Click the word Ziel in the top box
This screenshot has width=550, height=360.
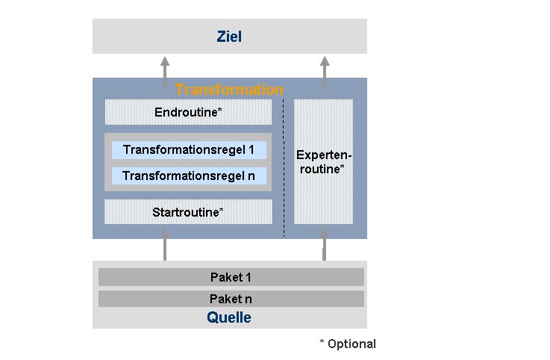coord(229,37)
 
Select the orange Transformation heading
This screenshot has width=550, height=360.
coord(229,90)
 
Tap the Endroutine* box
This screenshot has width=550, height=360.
coord(188,112)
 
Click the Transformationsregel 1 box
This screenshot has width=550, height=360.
coord(189,150)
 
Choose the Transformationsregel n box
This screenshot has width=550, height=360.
coord(189,176)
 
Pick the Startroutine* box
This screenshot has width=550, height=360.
coord(188,212)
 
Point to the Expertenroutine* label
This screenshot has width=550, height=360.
coord(323,162)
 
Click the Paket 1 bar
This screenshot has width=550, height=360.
coord(231,277)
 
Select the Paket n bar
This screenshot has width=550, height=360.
coord(231,299)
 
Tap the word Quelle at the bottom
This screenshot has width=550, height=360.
coord(229,317)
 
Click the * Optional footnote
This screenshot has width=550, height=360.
coord(348,344)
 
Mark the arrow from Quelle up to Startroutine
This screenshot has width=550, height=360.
coord(165,244)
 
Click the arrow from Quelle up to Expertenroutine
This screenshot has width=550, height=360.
coord(325,244)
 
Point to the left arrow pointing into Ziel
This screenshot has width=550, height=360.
coord(165,72)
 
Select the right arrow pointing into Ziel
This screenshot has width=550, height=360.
coord(325,72)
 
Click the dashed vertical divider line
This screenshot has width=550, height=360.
coord(284,168)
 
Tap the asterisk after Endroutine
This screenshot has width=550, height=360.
coord(220,110)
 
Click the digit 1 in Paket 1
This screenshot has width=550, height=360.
coord(249,277)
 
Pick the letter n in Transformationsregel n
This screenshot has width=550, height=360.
coord(251,176)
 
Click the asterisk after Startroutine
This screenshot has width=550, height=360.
coord(222,210)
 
